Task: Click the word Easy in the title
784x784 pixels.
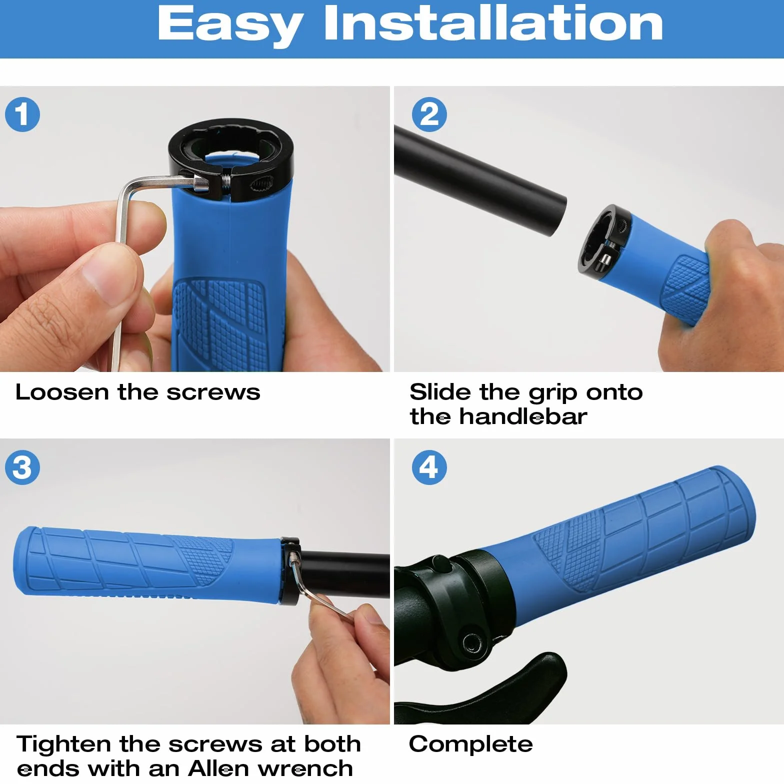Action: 230,25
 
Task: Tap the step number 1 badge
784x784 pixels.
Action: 22,114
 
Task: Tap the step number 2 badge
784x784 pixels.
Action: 429,114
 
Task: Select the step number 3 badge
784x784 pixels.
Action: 22,467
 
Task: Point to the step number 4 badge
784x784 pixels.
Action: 429,467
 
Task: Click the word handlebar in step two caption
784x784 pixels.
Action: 523,416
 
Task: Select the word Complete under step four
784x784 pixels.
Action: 471,744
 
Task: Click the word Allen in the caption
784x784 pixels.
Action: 218,768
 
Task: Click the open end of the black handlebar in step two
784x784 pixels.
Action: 559,215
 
